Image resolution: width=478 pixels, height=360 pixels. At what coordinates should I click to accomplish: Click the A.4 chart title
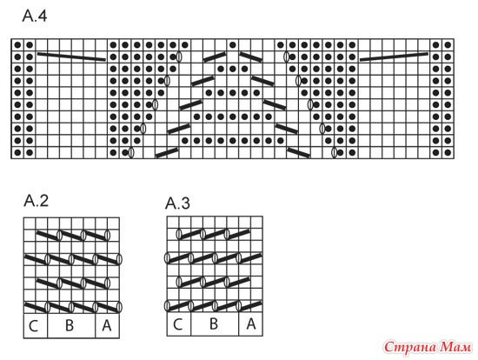click(35, 16)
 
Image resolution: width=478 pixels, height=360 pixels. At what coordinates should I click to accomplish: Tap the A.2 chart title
click(36, 201)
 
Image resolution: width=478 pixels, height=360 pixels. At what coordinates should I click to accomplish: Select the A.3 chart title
click(177, 203)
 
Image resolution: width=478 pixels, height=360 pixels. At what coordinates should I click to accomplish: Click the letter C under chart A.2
click(33, 326)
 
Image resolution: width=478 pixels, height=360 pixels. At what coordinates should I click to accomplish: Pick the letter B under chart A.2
click(70, 325)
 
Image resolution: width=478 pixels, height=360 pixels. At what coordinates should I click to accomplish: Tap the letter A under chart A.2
click(106, 325)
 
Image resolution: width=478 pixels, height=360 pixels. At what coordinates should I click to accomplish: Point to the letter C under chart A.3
click(177, 324)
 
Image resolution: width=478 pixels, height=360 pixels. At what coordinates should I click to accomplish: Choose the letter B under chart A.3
click(214, 323)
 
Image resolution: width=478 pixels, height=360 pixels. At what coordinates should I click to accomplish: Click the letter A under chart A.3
click(251, 323)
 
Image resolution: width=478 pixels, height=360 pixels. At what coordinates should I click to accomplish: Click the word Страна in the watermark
click(410, 348)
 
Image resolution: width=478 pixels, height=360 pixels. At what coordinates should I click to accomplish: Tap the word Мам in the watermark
click(455, 347)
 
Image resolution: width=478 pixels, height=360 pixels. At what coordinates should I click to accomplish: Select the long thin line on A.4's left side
click(71, 57)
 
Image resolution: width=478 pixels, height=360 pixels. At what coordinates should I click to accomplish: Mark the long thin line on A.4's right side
click(394, 57)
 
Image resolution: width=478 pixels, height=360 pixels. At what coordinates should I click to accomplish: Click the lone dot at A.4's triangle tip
click(233, 45)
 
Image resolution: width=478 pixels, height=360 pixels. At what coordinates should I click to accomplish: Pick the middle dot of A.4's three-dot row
click(233, 69)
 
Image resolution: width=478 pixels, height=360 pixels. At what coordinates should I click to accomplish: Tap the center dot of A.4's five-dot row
click(233, 93)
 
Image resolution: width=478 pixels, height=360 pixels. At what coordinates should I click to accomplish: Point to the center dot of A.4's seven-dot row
click(233, 117)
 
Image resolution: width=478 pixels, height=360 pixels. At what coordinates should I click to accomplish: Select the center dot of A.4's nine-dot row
click(233, 140)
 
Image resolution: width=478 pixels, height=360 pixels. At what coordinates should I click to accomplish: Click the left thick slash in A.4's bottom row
click(167, 152)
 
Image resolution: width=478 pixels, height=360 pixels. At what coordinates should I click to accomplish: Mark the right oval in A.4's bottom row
click(334, 152)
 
